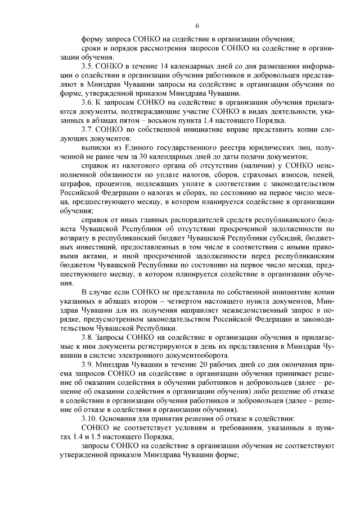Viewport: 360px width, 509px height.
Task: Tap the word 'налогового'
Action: [136, 165]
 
